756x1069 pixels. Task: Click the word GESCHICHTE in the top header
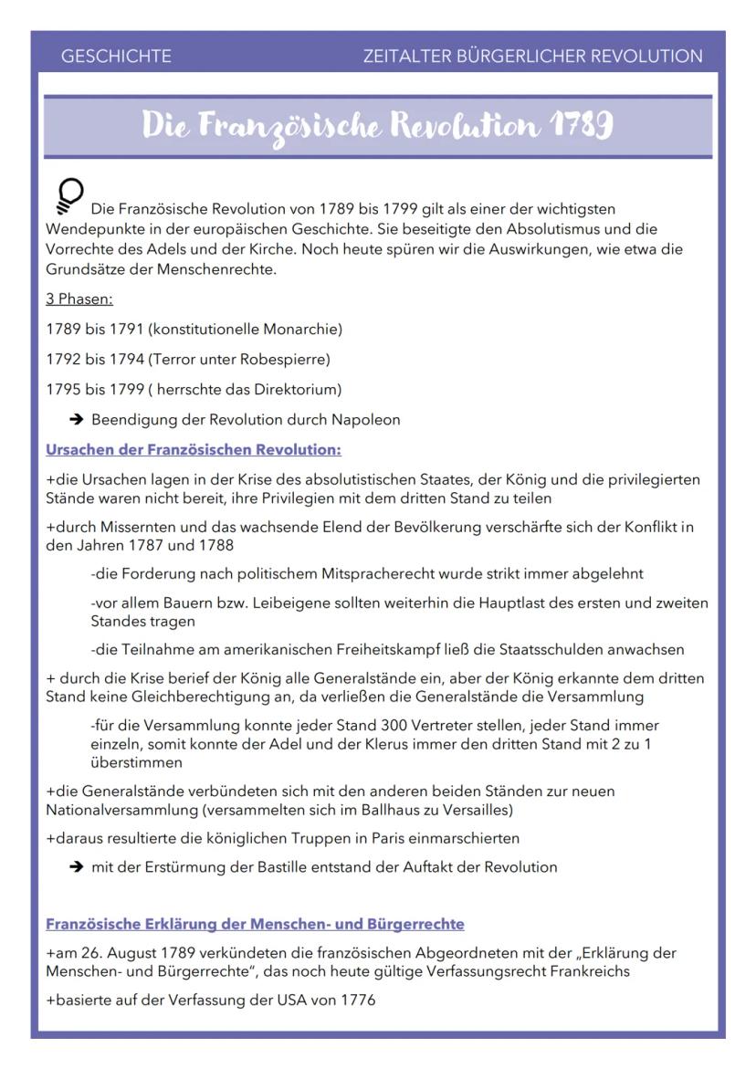tap(116, 57)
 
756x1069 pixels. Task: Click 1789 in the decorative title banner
tap(580, 127)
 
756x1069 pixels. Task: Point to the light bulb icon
tap(68, 194)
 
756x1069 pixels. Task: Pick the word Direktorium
tap(295, 390)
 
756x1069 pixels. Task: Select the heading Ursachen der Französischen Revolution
tap(194, 450)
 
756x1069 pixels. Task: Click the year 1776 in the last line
tap(358, 1001)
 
